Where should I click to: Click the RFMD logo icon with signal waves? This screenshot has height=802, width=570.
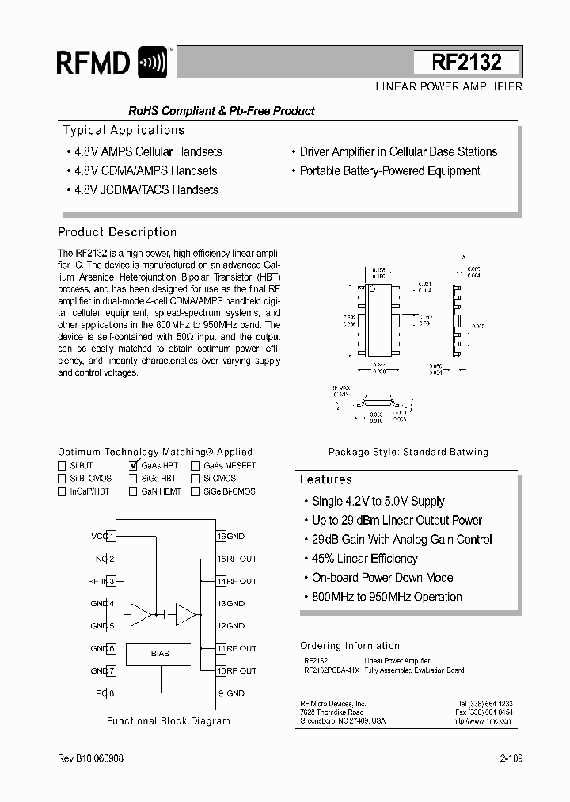coord(152,63)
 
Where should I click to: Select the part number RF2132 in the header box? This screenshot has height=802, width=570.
coord(466,62)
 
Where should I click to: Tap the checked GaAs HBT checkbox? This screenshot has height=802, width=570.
coord(133,466)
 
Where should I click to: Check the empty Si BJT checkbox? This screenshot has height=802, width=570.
coord(62,466)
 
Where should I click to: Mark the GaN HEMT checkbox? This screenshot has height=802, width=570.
coord(132,491)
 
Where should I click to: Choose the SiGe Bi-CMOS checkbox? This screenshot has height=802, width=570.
coord(195,491)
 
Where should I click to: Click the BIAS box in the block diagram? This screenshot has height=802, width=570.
coord(160,654)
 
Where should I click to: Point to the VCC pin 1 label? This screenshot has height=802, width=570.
coord(102,536)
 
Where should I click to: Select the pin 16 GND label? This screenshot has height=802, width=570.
coord(231,536)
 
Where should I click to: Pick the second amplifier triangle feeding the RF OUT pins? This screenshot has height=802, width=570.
coord(185,614)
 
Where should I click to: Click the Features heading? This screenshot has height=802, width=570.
coord(326,479)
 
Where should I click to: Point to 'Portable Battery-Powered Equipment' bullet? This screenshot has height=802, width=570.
coord(389,170)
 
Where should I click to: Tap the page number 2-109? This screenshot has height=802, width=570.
coord(511,758)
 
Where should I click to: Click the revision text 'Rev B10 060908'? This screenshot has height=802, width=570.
coord(91,758)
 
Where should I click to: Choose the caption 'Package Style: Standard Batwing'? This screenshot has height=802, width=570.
coord(408,452)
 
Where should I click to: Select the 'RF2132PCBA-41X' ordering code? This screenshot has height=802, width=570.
coord(332,670)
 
